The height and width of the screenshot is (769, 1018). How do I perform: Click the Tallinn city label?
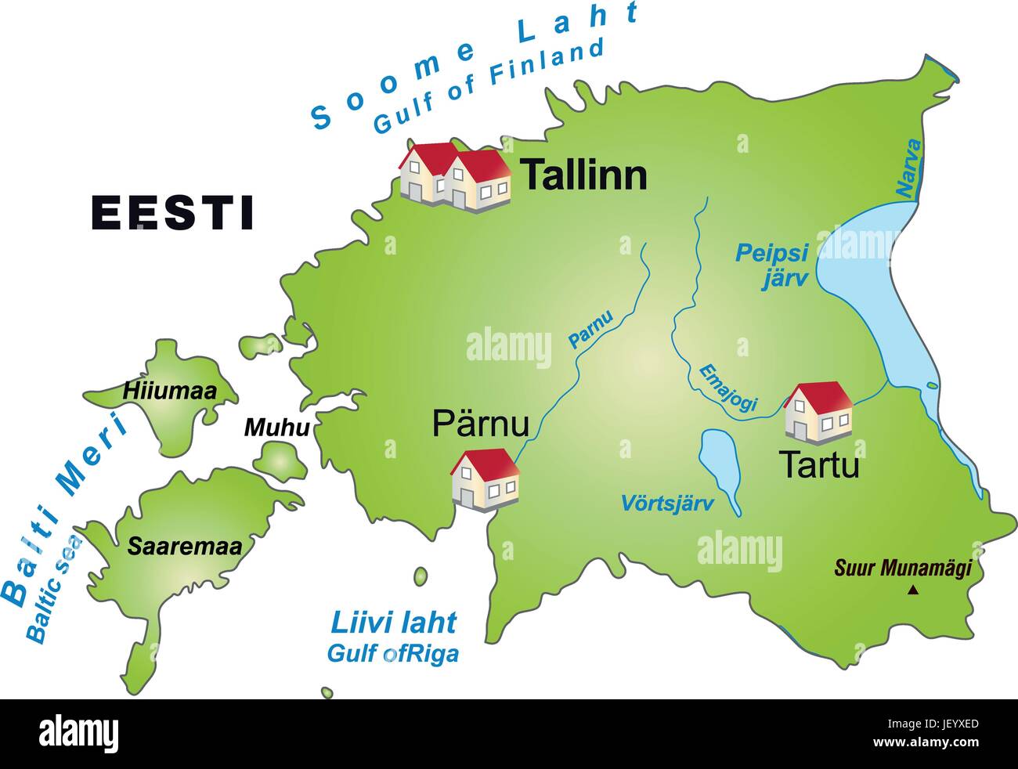[x=583, y=175]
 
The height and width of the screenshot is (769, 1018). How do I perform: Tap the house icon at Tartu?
[x=818, y=410]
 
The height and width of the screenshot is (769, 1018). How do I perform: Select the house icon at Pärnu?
[x=485, y=479]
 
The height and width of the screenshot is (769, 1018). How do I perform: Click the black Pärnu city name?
[x=481, y=424]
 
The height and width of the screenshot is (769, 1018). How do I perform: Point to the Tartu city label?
[x=818, y=465]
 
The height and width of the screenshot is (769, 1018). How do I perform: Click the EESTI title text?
[x=172, y=212]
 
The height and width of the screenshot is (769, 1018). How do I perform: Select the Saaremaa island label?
[x=185, y=546]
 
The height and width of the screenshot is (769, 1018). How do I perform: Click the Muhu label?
[x=276, y=428]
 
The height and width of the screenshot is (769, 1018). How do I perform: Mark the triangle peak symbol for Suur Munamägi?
[x=912, y=590]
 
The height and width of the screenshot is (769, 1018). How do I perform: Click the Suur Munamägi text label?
[x=902, y=568]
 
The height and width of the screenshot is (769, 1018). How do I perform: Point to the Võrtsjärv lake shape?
[x=720, y=470]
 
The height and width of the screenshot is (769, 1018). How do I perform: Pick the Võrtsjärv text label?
[x=667, y=503]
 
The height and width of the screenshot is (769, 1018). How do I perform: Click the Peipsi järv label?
[x=771, y=265]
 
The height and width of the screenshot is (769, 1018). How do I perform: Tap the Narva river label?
[x=908, y=168]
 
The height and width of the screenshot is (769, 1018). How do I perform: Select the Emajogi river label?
[x=727, y=388]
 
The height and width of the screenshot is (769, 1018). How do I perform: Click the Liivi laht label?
[x=393, y=623]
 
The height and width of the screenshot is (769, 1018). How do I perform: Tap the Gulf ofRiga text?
[x=393, y=653]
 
